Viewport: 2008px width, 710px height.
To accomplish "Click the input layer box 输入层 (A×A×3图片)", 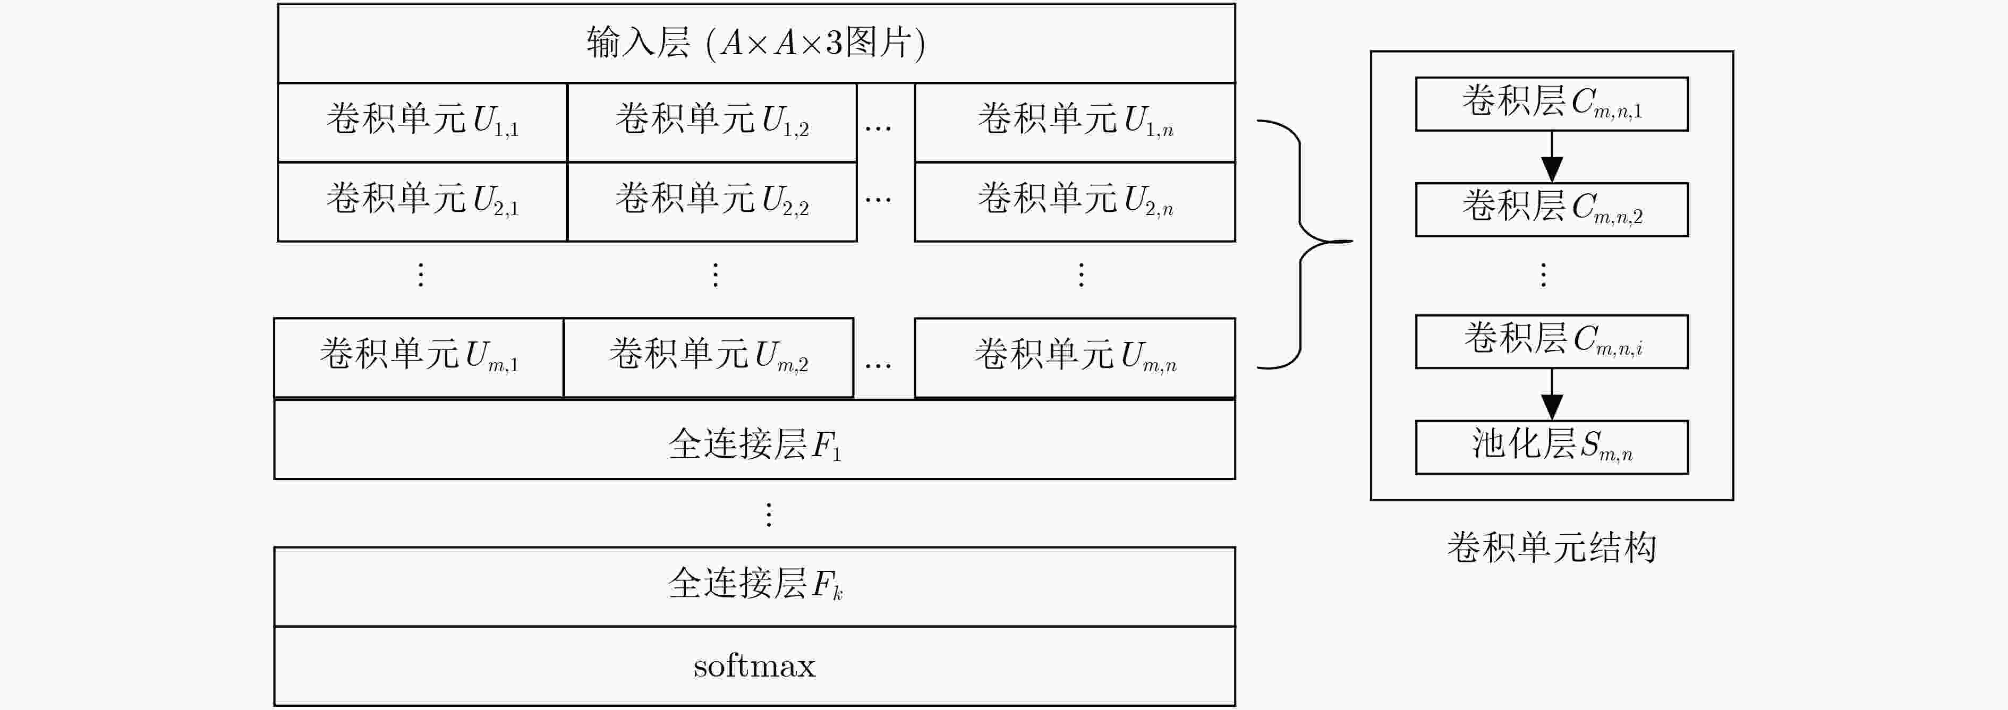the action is click(756, 43).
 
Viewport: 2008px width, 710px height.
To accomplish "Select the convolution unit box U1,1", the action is click(422, 122).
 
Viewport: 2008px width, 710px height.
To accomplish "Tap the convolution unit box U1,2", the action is click(712, 122).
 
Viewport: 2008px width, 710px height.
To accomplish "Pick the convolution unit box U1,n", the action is click(1075, 122).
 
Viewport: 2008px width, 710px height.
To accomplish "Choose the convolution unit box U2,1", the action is click(422, 201).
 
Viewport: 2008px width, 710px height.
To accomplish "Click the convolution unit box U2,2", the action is click(712, 201).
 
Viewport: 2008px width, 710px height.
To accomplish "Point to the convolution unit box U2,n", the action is click(1075, 201).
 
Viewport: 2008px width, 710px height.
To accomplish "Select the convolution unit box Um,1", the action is click(419, 358).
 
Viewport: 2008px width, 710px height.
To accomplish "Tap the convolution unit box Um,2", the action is click(709, 358).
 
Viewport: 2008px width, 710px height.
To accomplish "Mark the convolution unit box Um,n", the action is click(1075, 358).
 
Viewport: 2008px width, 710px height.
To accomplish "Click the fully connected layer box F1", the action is click(754, 439).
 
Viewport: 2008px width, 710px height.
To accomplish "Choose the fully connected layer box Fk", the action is click(754, 586).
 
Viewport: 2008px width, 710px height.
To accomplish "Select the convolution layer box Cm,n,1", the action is click(1552, 104).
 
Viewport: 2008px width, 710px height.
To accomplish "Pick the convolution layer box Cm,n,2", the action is click(1552, 210).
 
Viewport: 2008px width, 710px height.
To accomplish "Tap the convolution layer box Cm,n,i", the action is click(1552, 341).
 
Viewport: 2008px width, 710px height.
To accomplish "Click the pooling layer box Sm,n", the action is click(1552, 447).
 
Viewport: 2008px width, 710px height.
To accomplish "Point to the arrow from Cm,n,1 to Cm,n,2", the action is click(1552, 157).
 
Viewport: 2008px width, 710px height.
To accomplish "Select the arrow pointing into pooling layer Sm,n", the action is click(1552, 395).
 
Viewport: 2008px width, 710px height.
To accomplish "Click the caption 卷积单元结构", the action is click(1552, 547).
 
